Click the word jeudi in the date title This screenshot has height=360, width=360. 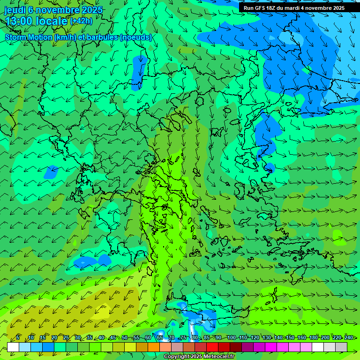click(x=15, y=10)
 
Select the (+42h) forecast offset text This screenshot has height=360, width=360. click(x=81, y=21)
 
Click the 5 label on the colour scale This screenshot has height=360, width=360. click(x=18, y=337)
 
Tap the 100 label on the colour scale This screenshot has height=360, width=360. click(x=232, y=337)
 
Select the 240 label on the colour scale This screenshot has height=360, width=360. click(x=349, y=337)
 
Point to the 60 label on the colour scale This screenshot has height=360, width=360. click(x=148, y=337)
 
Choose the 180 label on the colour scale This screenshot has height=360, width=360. click(x=313, y=337)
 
